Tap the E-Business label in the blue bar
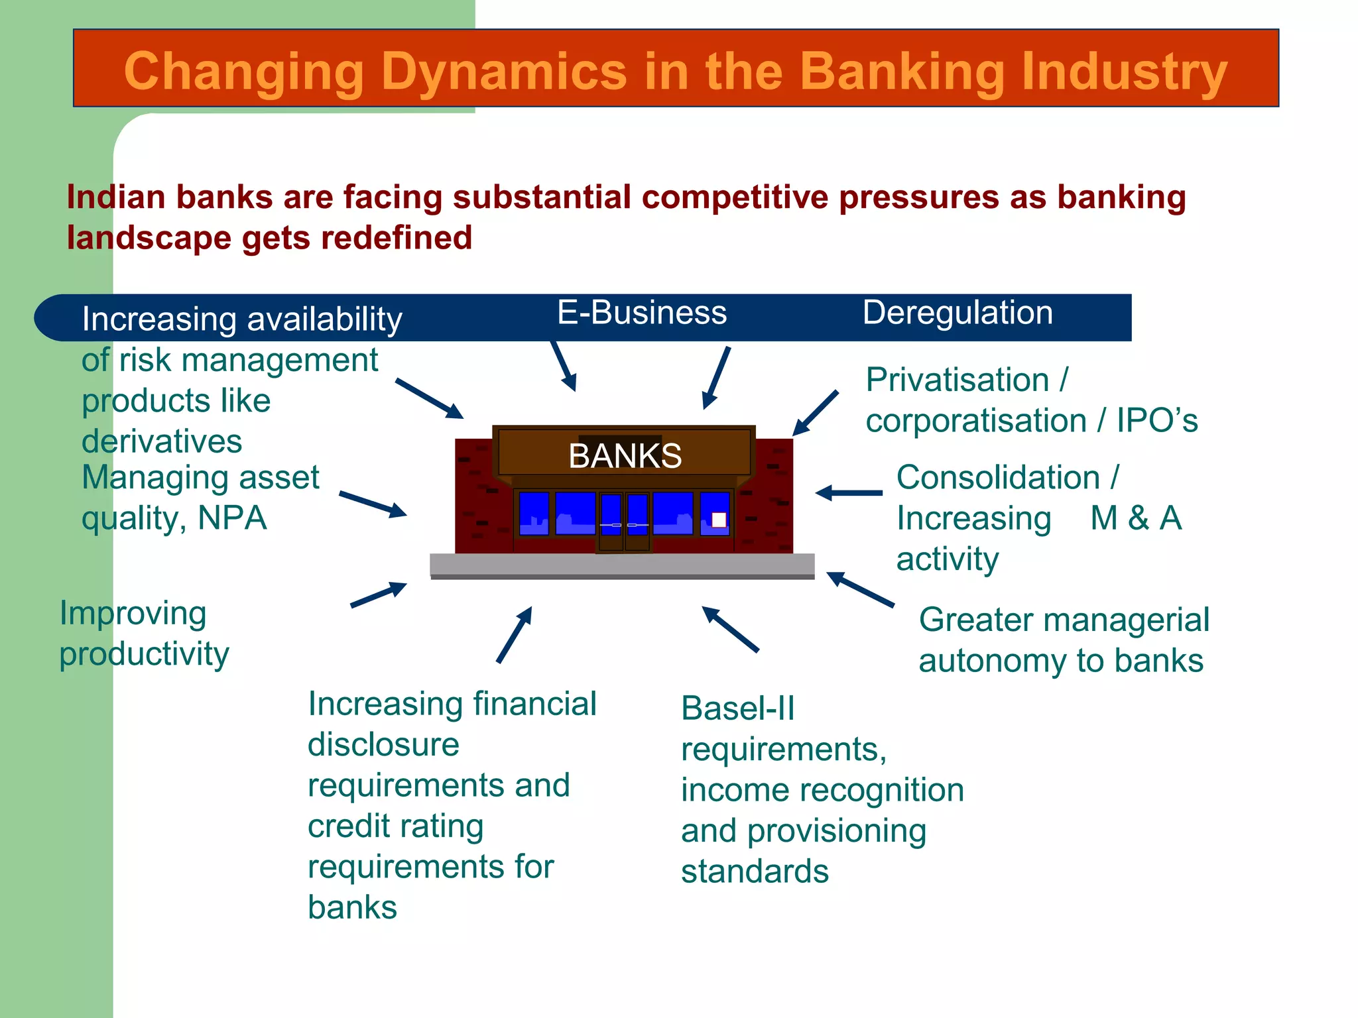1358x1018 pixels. (642, 312)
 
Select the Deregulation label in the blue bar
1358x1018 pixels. (957, 312)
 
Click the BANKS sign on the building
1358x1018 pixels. (625, 455)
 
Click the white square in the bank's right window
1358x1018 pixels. (719, 520)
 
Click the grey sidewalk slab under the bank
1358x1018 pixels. (622, 565)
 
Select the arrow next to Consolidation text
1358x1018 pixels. (849, 493)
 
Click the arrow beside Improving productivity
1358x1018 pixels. (379, 594)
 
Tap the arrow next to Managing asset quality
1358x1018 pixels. (373, 504)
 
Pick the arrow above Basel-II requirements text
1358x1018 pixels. (730, 629)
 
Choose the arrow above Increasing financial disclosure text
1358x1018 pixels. (515, 634)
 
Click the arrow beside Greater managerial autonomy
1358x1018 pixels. (860, 589)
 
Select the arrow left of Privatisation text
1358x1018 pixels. (816, 413)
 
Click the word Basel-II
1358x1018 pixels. (737, 708)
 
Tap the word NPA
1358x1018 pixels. (232, 518)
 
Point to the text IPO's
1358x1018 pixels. (1157, 420)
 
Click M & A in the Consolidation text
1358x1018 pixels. (1136, 518)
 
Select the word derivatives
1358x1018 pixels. (162, 441)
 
